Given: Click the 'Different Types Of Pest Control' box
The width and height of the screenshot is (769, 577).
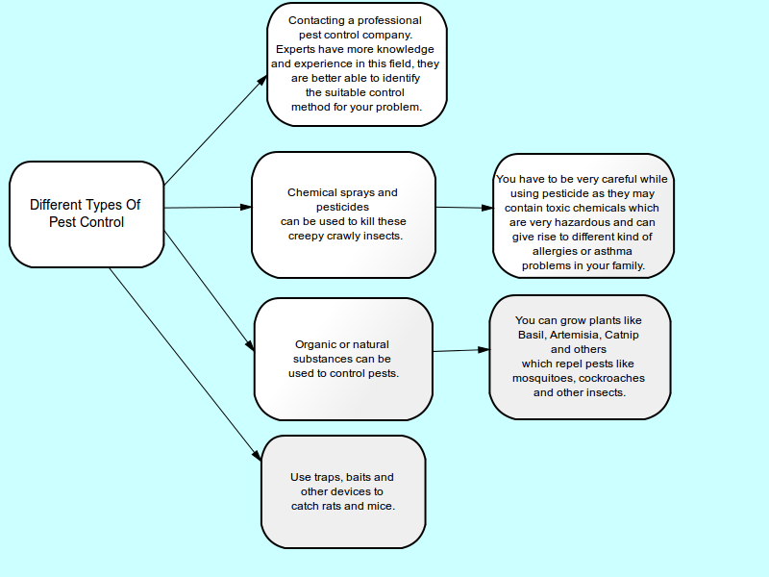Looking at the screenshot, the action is [87, 214].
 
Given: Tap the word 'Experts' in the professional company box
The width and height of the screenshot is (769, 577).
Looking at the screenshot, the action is [294, 49].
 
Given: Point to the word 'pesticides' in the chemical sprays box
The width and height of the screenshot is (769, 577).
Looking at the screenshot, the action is [342, 207].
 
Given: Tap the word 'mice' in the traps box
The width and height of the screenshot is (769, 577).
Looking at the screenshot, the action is [382, 506].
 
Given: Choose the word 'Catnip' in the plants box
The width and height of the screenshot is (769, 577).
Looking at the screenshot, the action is [622, 335].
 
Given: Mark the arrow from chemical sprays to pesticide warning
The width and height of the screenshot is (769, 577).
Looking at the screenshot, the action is [464, 208].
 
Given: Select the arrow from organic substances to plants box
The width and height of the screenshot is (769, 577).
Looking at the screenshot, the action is [461, 350].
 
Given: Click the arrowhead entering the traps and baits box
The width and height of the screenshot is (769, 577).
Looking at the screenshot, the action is [257, 455].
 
